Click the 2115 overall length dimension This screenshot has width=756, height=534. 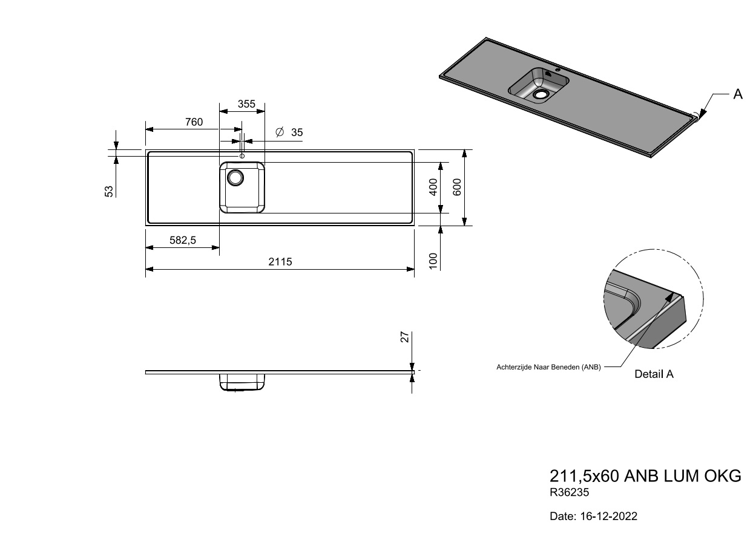(x=280, y=262)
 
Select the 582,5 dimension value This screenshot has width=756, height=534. (x=183, y=240)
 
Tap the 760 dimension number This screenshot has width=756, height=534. (x=194, y=122)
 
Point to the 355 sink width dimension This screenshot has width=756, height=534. (x=246, y=104)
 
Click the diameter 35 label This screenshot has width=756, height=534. (x=289, y=132)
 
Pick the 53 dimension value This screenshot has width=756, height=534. (x=109, y=191)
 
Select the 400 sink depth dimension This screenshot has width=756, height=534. (x=433, y=187)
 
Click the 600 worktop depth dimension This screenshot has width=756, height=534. (x=456, y=187)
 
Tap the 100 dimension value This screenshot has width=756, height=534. (x=433, y=261)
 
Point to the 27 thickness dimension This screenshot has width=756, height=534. (x=405, y=337)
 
